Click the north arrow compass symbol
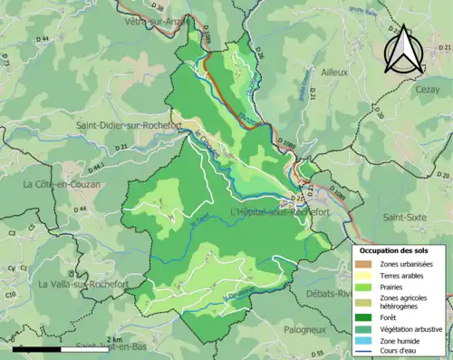[403, 49]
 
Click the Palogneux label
[304, 329]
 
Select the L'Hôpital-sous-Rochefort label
[281, 212]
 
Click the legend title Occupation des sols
[398, 250]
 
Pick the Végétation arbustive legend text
[411, 328]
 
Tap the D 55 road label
[317, 353]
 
